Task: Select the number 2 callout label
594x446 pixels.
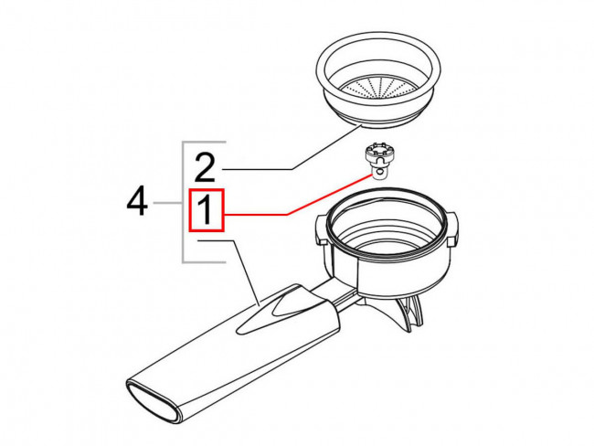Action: [x=205, y=166]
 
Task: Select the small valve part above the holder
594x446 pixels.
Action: [x=377, y=161]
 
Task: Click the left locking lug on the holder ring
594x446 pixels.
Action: [x=321, y=229]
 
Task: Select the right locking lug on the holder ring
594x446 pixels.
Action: [x=452, y=228]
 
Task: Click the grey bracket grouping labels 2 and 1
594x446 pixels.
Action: [x=184, y=202]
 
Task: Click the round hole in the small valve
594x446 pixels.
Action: [x=379, y=173]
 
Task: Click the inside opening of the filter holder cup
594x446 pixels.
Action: [x=386, y=228]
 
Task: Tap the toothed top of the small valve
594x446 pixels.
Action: [x=377, y=149]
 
